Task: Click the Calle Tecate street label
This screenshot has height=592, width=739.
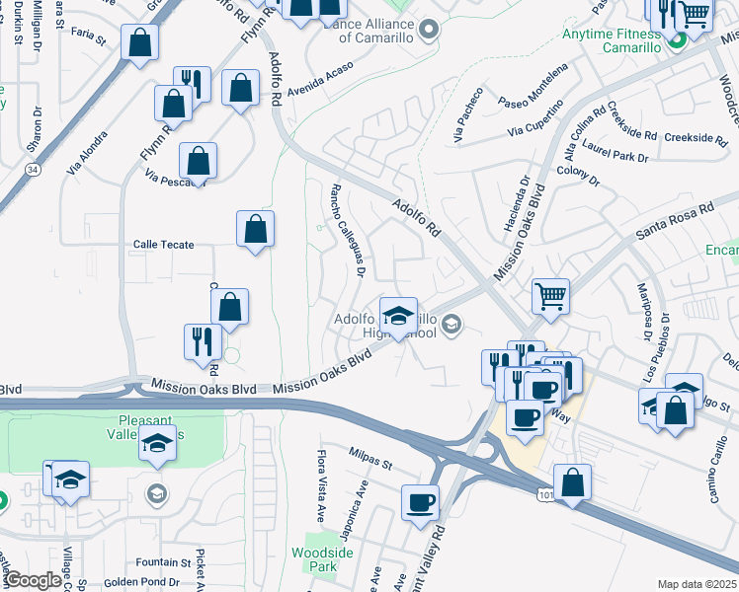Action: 164,244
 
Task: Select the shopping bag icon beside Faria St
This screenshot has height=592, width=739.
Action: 140,42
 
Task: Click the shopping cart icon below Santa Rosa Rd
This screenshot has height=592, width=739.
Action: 550,294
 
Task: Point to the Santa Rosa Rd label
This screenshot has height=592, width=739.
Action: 674,220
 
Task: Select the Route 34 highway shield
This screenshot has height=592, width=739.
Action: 34,170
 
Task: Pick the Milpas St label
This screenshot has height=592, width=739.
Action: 370,456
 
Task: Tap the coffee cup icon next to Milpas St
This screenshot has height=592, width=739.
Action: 420,501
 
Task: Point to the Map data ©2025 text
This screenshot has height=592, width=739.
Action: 697,584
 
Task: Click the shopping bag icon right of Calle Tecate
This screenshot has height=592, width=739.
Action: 255,230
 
